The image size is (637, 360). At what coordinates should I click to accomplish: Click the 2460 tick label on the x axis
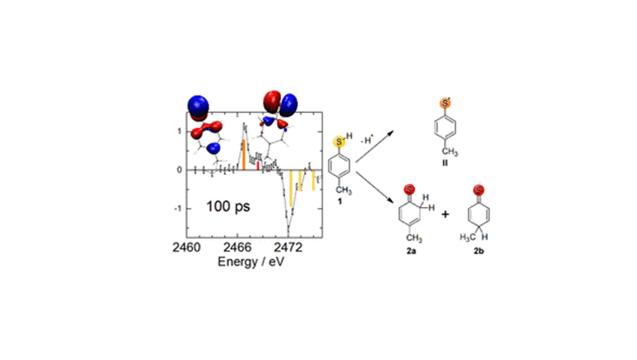tap(187, 247)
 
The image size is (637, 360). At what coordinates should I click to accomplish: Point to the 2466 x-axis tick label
tap(237, 247)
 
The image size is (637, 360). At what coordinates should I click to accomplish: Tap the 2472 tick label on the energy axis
tap(289, 247)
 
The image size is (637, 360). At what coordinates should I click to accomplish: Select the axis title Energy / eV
tap(250, 261)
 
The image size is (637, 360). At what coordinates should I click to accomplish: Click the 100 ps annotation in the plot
tap(228, 206)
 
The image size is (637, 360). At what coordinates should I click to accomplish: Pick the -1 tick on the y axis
tap(178, 209)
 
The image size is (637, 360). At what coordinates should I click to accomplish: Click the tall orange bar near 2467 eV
tap(243, 155)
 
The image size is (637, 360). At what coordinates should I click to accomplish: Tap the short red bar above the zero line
tap(258, 166)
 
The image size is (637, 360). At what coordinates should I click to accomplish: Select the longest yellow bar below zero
tap(291, 188)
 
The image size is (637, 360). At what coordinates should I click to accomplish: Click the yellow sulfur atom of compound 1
tap(339, 142)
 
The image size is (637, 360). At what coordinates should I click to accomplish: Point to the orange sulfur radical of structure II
tap(445, 103)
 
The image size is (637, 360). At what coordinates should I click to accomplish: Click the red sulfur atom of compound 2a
tap(409, 190)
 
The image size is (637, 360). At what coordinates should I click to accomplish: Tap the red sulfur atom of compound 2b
tap(479, 190)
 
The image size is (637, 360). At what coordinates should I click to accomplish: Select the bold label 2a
tap(411, 251)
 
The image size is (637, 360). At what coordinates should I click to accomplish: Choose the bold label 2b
tap(479, 251)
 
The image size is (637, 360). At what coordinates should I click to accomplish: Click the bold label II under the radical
tap(445, 163)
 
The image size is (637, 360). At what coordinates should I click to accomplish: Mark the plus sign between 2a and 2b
tap(445, 214)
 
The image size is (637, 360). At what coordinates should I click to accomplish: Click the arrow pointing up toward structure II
tap(375, 147)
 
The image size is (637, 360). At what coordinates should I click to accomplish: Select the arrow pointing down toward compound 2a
tap(375, 188)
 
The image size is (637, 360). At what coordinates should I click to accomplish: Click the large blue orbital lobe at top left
tap(198, 105)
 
